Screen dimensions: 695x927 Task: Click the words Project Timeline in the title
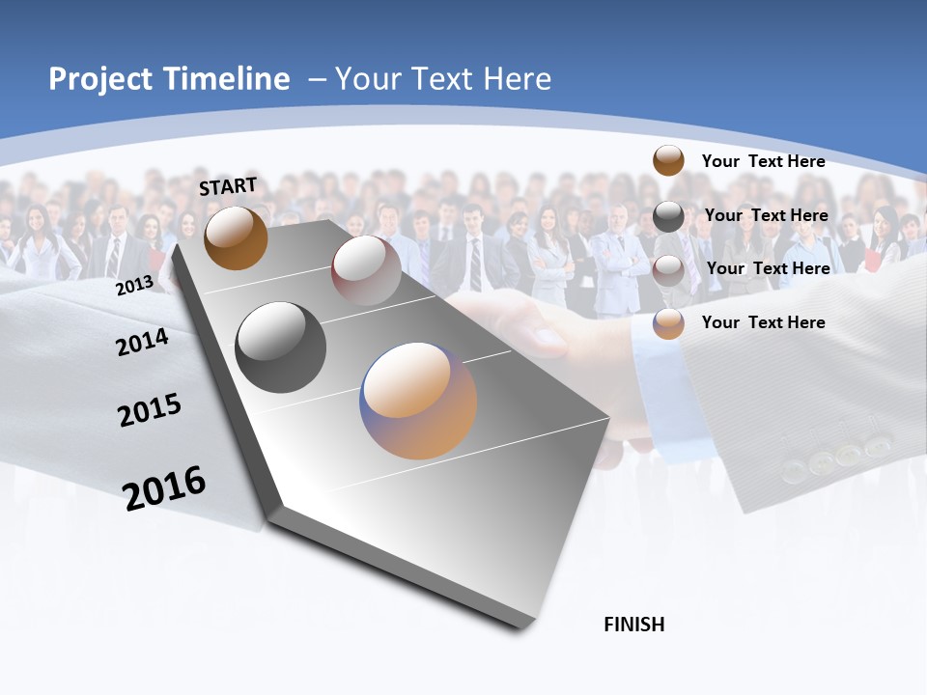[169, 79]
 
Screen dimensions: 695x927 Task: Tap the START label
[228, 186]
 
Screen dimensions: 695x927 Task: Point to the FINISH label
[634, 625]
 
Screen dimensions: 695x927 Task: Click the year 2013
[134, 286]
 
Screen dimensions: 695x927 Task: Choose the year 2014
[142, 342]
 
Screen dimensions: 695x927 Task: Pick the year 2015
[150, 410]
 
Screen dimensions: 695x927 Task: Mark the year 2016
[164, 487]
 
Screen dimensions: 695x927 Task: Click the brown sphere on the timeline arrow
[236, 237]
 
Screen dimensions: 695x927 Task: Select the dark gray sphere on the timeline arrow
[281, 347]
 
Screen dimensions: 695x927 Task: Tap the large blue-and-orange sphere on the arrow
[418, 401]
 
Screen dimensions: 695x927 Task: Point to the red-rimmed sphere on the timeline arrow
[366, 270]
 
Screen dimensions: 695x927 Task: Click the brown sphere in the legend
[668, 160]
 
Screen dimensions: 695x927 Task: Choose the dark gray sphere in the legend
[668, 216]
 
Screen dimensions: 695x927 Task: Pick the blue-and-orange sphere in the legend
[668, 323]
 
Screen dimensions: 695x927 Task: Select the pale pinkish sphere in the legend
[668, 270]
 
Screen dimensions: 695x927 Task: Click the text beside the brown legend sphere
[763, 161]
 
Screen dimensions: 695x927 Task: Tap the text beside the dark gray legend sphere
[766, 215]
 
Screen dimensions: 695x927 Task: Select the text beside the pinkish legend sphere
[768, 268]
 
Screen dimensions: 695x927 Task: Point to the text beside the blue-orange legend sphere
[763, 322]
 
